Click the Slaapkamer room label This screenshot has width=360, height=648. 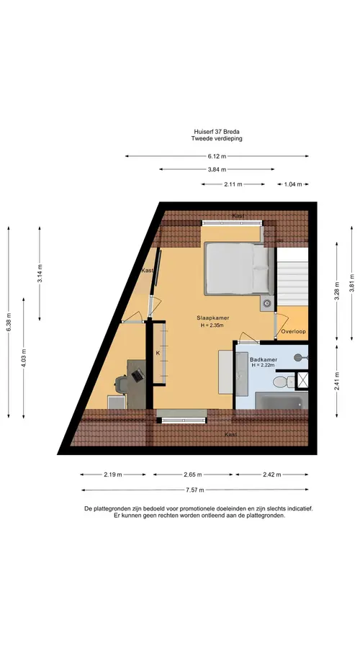tap(213, 318)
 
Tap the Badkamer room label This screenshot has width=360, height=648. tap(264, 359)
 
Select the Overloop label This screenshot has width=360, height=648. tap(293, 331)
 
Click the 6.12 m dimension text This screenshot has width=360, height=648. tap(217, 156)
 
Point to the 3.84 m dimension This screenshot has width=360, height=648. tap(217, 169)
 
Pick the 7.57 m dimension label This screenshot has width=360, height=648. tap(194, 490)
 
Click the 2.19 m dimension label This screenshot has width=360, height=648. tap(113, 475)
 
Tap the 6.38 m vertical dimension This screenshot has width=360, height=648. tap(9, 322)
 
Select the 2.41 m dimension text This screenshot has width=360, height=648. tap(337, 381)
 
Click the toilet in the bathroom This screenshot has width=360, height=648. tap(283, 382)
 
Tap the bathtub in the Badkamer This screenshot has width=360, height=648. tap(282, 400)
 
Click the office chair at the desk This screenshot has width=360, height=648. tap(122, 384)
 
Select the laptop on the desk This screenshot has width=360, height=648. tap(138, 375)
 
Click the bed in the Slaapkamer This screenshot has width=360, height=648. tap(239, 269)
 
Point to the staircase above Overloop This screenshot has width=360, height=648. tap(292, 277)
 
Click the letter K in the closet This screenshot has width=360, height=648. tap(158, 354)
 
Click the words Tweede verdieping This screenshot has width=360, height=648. tap(217, 139)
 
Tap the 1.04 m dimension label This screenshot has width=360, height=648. tap(293, 184)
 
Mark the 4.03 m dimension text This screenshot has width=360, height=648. tap(24, 358)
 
